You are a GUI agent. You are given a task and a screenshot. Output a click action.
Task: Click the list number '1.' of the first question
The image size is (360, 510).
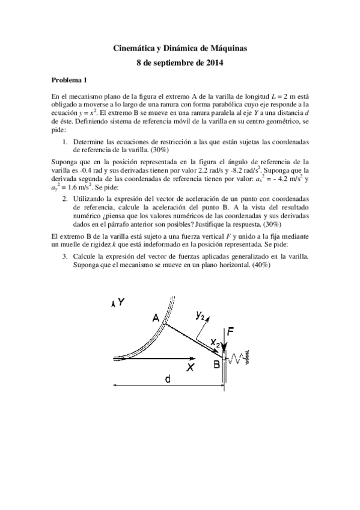pyautogui.click(x=65, y=141)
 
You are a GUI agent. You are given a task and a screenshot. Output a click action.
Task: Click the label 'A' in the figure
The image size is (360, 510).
pyautogui.click(x=156, y=319)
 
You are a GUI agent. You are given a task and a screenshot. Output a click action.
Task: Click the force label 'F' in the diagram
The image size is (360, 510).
pyautogui.click(x=230, y=330)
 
